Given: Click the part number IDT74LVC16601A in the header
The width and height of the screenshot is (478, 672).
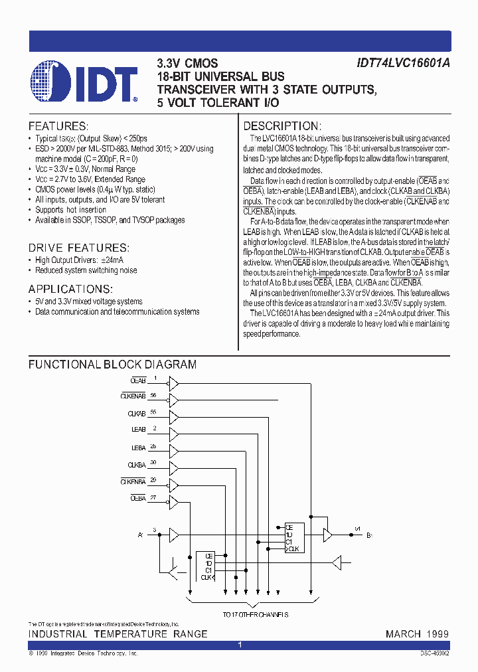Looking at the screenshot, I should coord(403,64).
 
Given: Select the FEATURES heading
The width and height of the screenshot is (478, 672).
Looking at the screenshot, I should coord(58,126).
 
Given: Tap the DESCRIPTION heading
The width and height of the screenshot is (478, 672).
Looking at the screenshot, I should coord(282,126).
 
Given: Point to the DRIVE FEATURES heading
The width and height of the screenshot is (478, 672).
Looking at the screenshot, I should coord(78,247).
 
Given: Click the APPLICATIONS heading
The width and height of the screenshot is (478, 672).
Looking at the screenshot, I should coord(70,289).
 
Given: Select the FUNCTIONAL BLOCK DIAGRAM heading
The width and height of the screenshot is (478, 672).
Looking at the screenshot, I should coord(112,365).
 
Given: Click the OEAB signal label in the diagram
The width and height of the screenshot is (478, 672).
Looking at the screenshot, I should coord(138,381).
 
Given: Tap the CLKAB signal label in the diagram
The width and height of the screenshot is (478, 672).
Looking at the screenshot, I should coord(136,414).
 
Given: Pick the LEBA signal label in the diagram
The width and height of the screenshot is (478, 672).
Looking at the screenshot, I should coord(138,448).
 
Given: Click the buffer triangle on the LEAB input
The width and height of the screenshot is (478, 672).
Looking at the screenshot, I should coord(174,433).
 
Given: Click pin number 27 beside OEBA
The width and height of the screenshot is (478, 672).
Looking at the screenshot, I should coord(153,497).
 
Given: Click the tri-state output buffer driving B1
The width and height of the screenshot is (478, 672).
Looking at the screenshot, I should coord(327,535).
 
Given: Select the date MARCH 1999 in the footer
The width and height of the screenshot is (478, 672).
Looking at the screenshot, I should coord(417,634).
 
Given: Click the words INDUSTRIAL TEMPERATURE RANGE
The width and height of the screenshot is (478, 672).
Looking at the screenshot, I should coord(118,634).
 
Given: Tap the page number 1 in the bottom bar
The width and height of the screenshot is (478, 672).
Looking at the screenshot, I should coord(239,645).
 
